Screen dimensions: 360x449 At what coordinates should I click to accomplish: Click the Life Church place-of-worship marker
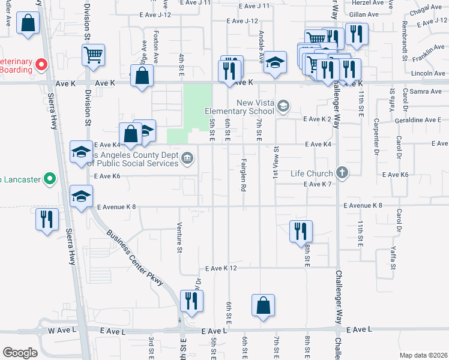342,173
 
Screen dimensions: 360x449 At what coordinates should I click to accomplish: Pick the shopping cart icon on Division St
94,55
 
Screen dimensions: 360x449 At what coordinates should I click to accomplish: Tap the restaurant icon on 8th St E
301,231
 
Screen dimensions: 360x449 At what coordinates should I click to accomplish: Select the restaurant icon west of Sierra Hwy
47,219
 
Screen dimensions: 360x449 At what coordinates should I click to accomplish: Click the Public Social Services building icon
187,158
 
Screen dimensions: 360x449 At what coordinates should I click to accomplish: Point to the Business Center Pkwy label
135,258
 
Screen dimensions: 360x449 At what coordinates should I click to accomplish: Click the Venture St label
179,237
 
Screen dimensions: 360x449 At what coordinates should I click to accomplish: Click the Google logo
20,353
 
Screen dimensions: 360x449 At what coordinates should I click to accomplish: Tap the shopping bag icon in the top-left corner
28,25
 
